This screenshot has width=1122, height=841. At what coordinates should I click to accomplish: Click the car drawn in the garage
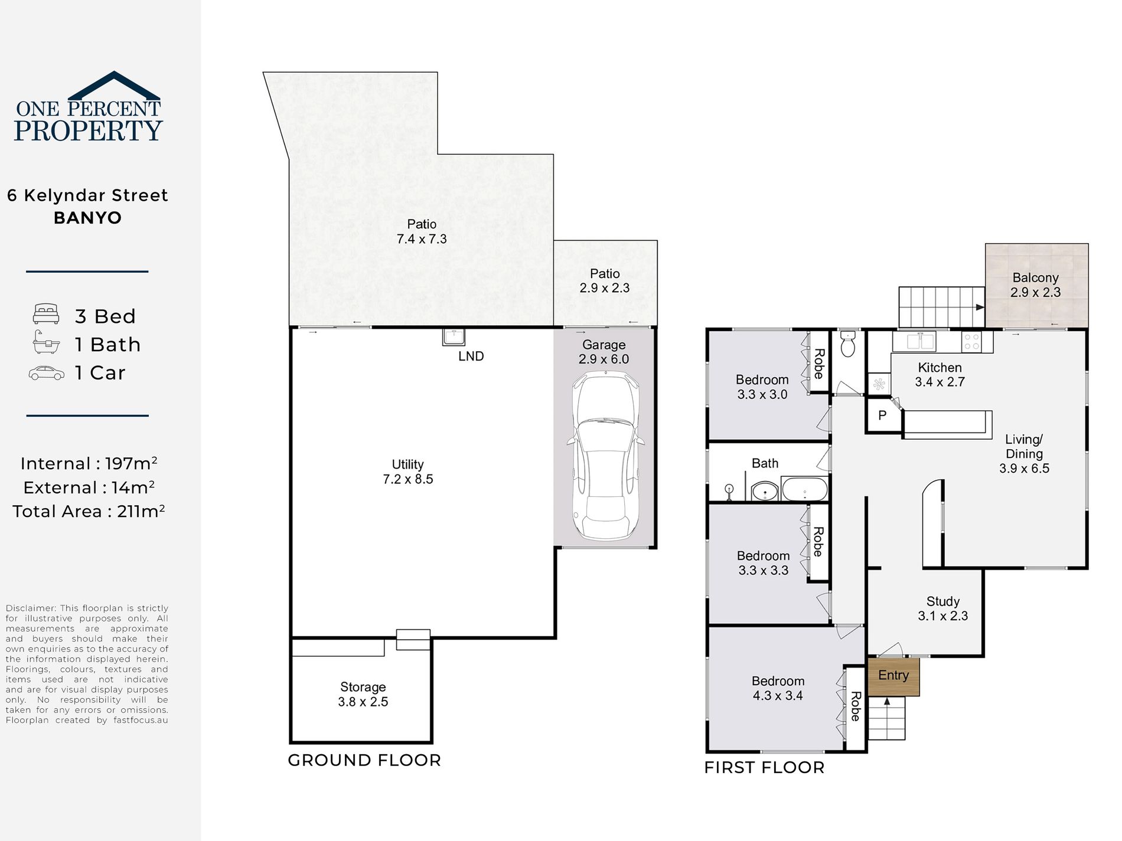(x=605, y=455)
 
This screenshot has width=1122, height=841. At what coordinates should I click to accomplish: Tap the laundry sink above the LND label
(x=454, y=337)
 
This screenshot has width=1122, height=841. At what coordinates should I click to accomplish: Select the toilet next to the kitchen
(x=848, y=343)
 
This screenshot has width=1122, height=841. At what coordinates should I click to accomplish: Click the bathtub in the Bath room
(x=804, y=489)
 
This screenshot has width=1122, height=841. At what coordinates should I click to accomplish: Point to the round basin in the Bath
(x=765, y=490)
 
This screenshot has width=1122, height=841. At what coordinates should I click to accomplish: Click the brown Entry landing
(x=893, y=676)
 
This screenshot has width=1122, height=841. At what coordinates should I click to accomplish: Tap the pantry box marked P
(x=883, y=415)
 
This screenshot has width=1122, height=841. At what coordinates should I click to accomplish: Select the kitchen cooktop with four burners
(x=971, y=342)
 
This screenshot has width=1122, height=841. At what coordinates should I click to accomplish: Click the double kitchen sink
(x=914, y=341)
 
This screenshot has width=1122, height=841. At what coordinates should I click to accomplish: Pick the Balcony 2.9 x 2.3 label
(x=1035, y=285)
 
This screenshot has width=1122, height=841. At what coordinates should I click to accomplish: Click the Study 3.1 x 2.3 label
(x=942, y=608)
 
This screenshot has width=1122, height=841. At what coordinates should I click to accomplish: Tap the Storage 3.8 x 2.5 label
(x=363, y=695)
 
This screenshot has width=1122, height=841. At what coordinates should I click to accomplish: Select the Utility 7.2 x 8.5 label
(x=407, y=472)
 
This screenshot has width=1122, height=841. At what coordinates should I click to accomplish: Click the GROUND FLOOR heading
(x=364, y=760)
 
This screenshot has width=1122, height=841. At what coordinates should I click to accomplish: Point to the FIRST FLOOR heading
(x=764, y=767)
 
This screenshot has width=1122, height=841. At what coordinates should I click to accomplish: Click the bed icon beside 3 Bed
(x=46, y=314)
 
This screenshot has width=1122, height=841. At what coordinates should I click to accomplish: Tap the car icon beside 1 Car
(x=46, y=373)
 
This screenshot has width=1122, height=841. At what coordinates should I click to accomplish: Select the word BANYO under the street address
(x=87, y=218)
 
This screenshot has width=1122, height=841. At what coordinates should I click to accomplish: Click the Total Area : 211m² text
(x=89, y=511)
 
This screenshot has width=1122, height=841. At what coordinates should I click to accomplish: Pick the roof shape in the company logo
(x=113, y=86)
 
